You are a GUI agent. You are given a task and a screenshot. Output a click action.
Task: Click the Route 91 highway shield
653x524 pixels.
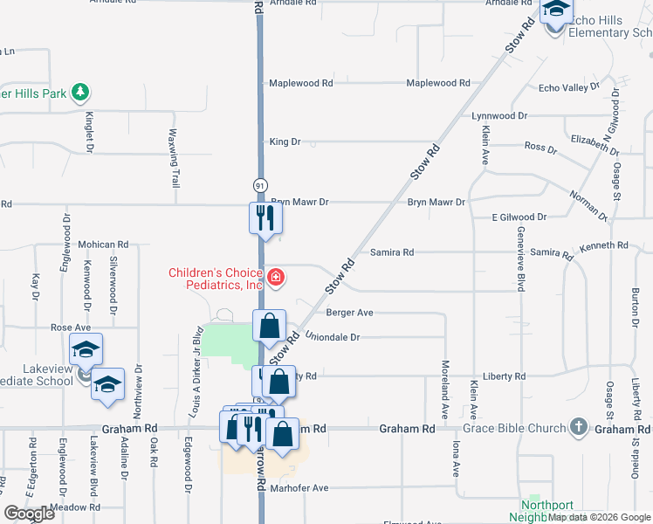click(x=260, y=186)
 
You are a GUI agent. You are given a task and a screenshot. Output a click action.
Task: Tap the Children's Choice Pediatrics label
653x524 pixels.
click(x=216, y=279)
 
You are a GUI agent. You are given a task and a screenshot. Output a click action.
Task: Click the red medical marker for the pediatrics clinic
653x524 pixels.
click(x=276, y=279)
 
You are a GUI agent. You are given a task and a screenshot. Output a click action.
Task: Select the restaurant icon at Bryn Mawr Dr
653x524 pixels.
click(x=265, y=217)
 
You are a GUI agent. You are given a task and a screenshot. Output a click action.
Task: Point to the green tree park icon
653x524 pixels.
click(x=80, y=91)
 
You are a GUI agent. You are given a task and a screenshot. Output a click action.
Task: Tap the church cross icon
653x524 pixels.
click(x=577, y=428)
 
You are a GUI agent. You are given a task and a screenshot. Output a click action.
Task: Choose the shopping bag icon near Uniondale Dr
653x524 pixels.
click(x=271, y=327)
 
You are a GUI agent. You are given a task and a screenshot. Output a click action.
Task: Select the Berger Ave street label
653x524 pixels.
click(x=349, y=313)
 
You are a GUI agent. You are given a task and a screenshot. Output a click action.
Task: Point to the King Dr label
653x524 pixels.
click(x=285, y=141)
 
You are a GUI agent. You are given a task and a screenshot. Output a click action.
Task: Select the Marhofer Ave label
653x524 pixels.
click(x=299, y=488)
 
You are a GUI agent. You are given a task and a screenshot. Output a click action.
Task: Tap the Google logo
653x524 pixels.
click(x=29, y=514)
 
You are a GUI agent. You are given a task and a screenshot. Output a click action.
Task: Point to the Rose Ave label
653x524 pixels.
click(x=71, y=327)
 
